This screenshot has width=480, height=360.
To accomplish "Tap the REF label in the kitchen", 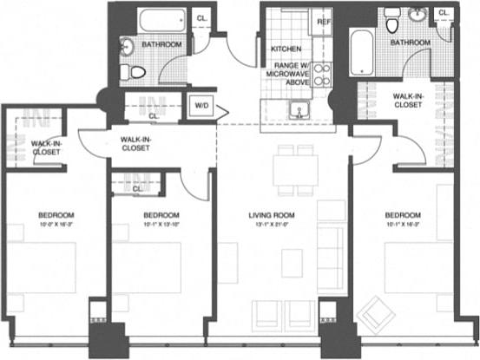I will point(324,21).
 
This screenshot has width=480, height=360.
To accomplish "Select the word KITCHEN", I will point(286,49).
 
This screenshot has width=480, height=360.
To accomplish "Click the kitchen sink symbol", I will point(300,110).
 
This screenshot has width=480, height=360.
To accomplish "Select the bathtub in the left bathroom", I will point(162,18).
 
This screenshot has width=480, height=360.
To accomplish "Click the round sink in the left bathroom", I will point(128,47).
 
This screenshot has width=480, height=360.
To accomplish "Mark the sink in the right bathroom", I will point(420,15).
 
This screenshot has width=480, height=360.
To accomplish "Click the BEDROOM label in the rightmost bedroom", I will point(404,215).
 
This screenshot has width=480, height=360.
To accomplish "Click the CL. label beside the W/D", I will point(154,114).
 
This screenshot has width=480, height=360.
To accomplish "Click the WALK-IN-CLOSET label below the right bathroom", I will point(407,100).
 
